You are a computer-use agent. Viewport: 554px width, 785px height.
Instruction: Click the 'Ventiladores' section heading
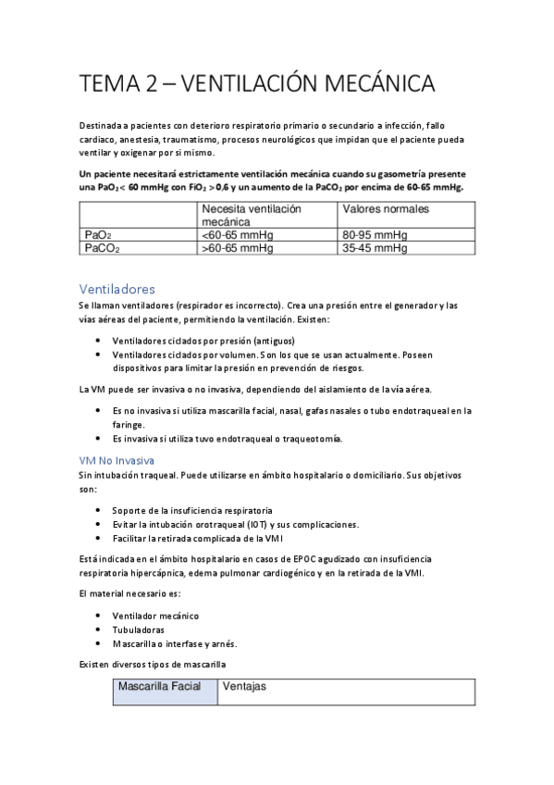[x=117, y=289]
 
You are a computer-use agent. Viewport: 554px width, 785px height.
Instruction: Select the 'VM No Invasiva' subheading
[x=117, y=460]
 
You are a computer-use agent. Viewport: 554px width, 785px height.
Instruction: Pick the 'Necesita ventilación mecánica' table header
[x=252, y=216]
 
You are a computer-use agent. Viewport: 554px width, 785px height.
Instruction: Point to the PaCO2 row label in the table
[x=102, y=248]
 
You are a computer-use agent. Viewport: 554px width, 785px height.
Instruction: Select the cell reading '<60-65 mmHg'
[x=237, y=235]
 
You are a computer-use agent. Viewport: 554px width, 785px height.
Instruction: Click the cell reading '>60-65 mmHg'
[x=237, y=248]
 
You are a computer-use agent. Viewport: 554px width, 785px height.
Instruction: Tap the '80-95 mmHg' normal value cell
[x=375, y=235]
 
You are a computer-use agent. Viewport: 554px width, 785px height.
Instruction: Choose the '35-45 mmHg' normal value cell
[x=375, y=248]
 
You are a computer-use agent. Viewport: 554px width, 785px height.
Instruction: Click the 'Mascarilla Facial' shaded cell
[x=164, y=688]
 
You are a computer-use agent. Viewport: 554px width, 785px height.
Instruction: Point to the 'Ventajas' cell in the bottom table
[x=245, y=688]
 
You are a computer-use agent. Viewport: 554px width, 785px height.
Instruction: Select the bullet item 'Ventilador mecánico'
[x=155, y=616]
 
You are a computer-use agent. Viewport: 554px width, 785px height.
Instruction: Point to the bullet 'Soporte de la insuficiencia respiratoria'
[x=192, y=510]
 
